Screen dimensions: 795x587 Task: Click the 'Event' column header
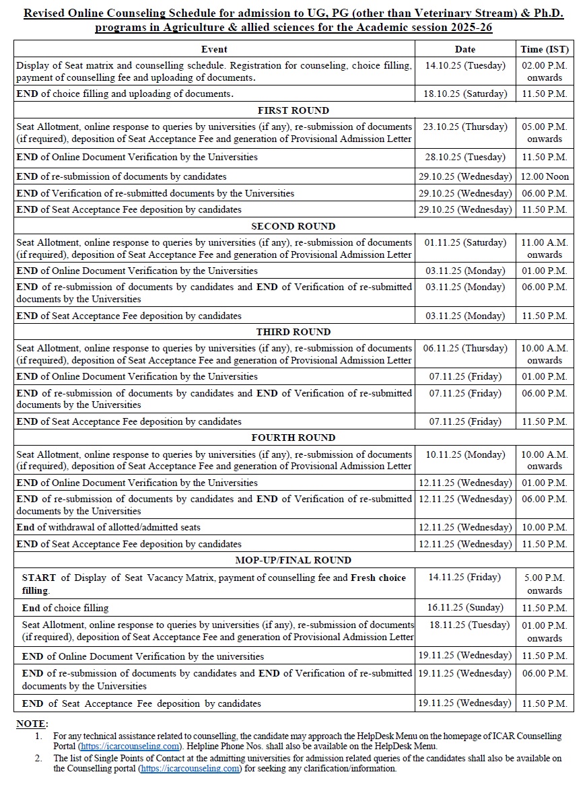click(214, 49)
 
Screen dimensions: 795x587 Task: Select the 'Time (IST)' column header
click(545, 49)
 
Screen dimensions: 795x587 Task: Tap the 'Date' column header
click(464, 49)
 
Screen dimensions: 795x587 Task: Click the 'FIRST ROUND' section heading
click(293, 110)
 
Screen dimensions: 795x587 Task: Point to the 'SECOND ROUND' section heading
click(293, 226)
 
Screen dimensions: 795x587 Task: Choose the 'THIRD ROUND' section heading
click(293, 332)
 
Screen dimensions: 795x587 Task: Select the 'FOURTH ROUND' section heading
click(293, 438)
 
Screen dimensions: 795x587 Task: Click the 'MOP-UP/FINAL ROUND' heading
click(293, 560)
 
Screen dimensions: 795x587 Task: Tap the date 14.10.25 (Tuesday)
click(464, 66)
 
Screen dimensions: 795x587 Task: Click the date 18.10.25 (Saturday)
click(464, 94)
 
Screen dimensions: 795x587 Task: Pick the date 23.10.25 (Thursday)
click(464, 127)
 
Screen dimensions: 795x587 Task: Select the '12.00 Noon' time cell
click(545, 176)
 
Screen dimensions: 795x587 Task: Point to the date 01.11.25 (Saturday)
click(464, 242)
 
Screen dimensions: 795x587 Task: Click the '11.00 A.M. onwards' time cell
click(545, 248)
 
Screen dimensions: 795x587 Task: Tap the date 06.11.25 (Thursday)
click(464, 348)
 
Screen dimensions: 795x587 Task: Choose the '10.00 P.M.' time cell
click(545, 527)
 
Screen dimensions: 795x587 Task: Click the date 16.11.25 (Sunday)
click(464, 608)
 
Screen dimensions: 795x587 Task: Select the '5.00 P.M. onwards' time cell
click(545, 584)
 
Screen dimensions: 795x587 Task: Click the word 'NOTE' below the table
click(31, 724)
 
